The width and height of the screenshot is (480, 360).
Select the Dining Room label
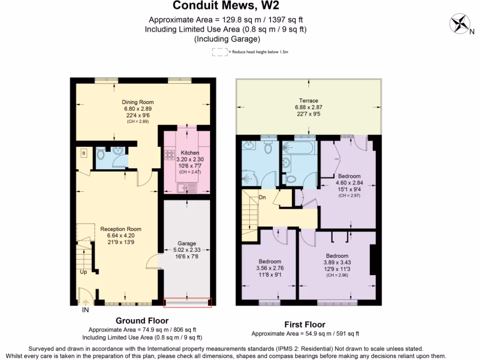pyautogui.click(x=138, y=102)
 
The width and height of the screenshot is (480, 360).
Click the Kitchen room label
pyautogui.click(x=190, y=153)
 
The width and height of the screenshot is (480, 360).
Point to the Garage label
pyautogui.click(x=187, y=244)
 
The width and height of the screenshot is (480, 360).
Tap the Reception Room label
pyautogui.click(x=120, y=229)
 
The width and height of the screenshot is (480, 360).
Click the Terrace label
pyautogui.click(x=309, y=101)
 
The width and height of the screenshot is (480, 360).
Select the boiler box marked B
pyautogui.click(x=84, y=153)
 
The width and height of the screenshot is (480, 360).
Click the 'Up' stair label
pyautogui.click(x=83, y=272)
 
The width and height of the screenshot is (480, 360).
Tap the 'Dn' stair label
pyautogui.click(x=262, y=197)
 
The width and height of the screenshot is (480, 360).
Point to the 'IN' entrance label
pyautogui.click(x=86, y=310)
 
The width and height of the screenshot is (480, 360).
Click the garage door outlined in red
pyautogui.click(x=187, y=303)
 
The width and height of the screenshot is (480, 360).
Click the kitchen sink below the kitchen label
pyautogui.click(x=186, y=188)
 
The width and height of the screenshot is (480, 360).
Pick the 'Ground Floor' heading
pyautogui.click(x=142, y=321)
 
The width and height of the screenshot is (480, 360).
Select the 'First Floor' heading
pyautogui.click(x=305, y=324)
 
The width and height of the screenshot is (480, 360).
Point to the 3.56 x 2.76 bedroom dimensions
pyautogui.click(x=270, y=268)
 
